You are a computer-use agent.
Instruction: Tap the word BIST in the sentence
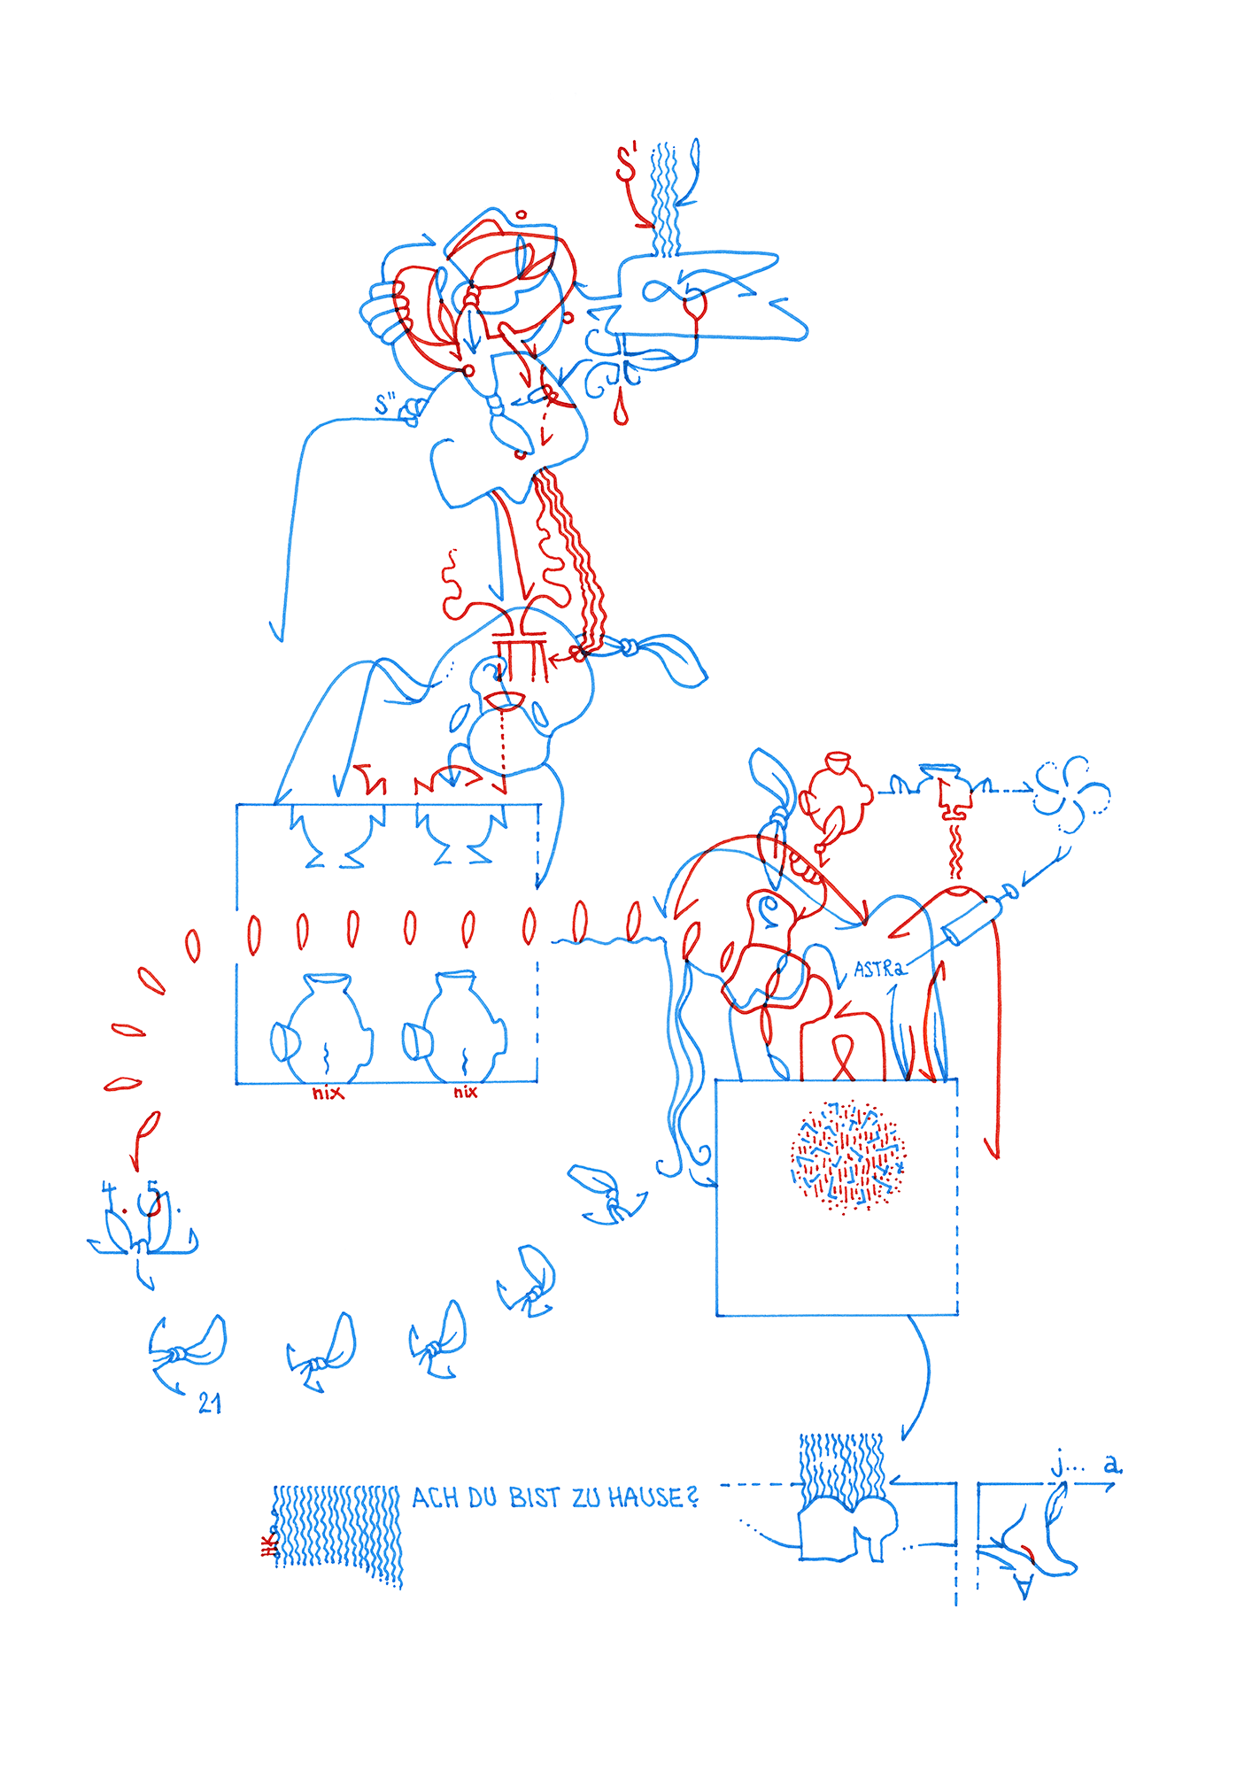click(x=534, y=1497)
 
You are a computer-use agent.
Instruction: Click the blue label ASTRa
click(x=879, y=969)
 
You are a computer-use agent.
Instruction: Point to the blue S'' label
click(x=385, y=405)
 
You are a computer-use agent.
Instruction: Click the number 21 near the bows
click(x=210, y=1404)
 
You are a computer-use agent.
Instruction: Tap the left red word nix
click(x=327, y=1094)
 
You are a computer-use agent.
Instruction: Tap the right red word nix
click(x=466, y=1093)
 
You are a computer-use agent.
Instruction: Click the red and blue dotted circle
click(x=847, y=1156)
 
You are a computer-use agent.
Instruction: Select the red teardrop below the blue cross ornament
click(x=621, y=412)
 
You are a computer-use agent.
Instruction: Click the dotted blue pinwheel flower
click(x=1071, y=793)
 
